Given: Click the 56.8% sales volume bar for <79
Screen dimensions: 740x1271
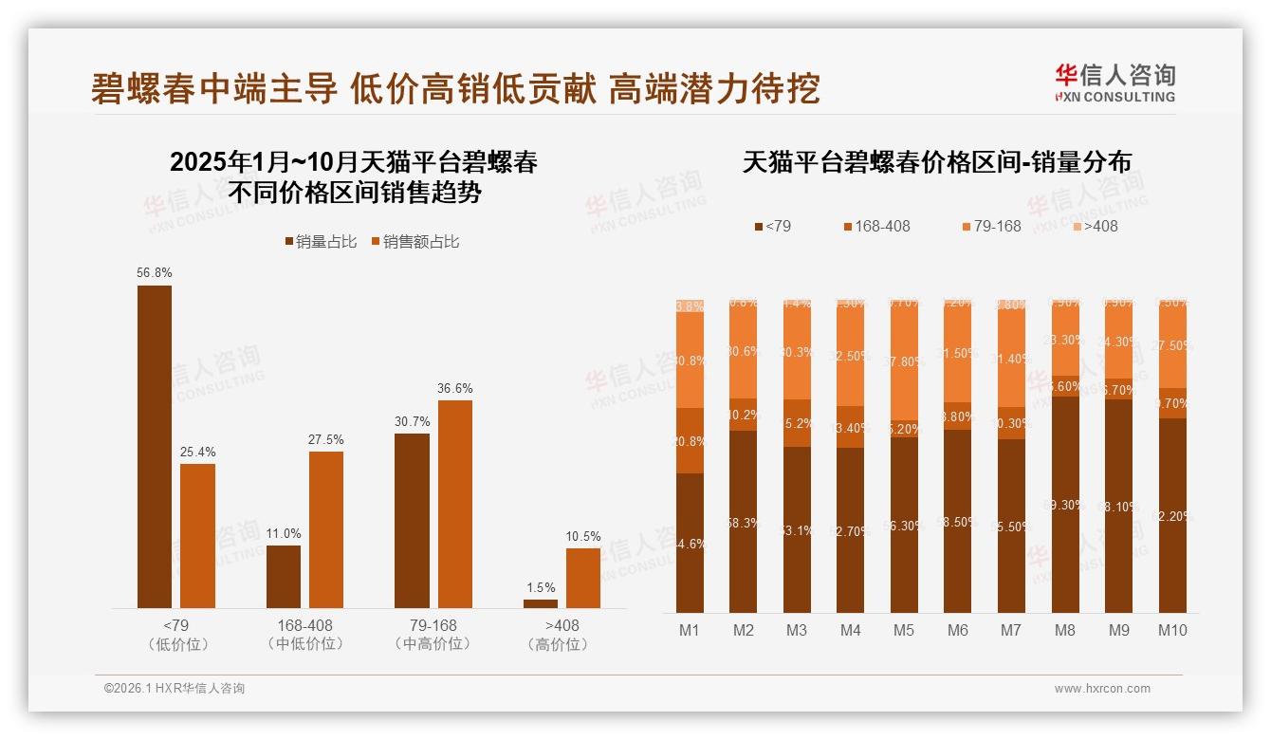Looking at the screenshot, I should point(155,446).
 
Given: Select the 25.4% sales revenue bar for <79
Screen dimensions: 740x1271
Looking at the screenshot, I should point(197,535).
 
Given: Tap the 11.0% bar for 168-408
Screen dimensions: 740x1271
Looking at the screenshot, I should point(284,576).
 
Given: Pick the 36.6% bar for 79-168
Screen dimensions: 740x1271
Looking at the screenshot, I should point(455,504).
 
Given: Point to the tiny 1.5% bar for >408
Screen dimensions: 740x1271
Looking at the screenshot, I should point(541,603).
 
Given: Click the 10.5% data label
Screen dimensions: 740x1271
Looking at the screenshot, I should point(583,537).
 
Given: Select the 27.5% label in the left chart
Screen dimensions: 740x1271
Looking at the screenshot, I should point(325,440).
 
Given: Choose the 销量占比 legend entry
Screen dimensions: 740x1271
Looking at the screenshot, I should point(321,242).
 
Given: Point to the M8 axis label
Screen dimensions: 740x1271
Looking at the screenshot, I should point(1065,630).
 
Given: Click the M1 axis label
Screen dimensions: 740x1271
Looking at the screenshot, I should point(690,630).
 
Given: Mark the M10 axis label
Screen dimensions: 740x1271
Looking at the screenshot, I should point(1172,630).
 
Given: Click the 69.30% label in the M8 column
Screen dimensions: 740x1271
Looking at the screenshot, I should point(1066,505).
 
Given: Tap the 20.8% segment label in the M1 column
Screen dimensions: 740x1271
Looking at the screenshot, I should point(690,441).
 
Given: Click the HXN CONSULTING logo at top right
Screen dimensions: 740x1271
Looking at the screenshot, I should point(1114,83).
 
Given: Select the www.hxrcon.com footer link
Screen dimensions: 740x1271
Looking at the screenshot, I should point(1102,689).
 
